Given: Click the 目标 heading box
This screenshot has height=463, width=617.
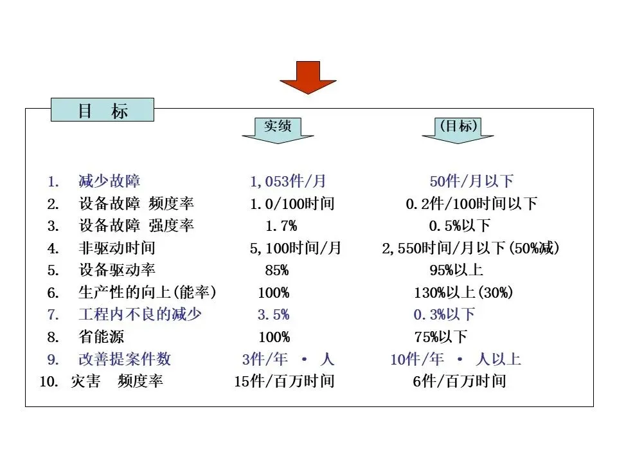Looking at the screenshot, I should (103, 111).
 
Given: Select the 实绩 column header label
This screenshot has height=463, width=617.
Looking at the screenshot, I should (278, 125).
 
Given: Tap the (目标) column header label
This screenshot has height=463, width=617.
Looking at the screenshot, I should (458, 125).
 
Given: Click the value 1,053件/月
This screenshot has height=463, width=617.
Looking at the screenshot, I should (288, 182).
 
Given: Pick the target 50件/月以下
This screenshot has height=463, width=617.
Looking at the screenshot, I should (471, 182).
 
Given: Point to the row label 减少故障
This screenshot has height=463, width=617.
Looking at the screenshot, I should (109, 182).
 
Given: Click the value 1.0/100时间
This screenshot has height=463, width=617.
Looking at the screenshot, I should (292, 204).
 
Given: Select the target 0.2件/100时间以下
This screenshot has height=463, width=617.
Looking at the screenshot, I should (471, 204).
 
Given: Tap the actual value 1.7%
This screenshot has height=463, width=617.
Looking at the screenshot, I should (281, 226).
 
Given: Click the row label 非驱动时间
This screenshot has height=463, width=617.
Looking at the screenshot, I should (117, 248).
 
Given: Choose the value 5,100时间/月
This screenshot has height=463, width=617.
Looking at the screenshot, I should (296, 248).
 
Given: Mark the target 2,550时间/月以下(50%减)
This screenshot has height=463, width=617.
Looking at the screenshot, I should (470, 248).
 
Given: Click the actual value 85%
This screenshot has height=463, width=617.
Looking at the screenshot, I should (276, 270).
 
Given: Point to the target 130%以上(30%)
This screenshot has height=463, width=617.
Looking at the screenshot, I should (463, 293).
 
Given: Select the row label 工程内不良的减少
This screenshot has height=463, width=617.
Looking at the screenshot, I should (140, 314).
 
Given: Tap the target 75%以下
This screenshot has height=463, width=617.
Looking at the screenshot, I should (441, 337).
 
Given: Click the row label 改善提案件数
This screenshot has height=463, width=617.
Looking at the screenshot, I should (125, 359).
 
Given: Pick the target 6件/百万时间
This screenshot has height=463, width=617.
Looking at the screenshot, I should (459, 381).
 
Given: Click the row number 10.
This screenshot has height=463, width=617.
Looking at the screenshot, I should (49, 381).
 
